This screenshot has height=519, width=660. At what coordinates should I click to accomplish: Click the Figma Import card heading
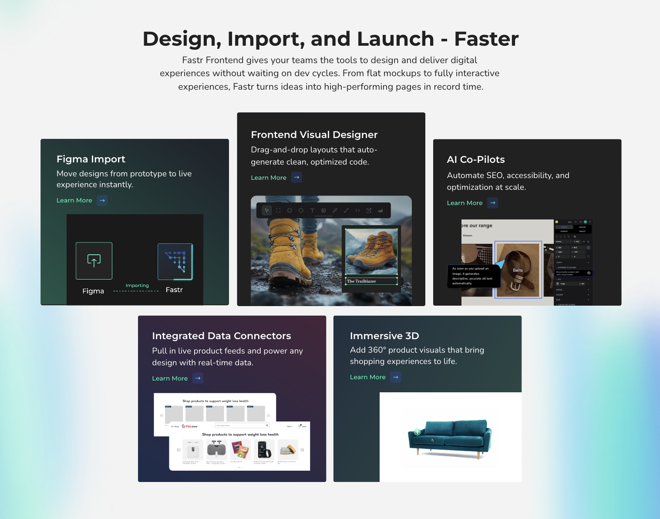pyautogui.click(x=91, y=159)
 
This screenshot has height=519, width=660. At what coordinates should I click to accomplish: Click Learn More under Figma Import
pyautogui.click(x=74, y=200)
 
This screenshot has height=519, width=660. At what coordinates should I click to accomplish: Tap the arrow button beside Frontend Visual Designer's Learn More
pyautogui.click(x=296, y=177)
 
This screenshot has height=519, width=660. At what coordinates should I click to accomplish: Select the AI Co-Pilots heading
pyautogui.click(x=475, y=159)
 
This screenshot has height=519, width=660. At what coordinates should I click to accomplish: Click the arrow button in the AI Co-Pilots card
pyautogui.click(x=492, y=203)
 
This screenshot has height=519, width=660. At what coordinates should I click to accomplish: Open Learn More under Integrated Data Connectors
pyautogui.click(x=170, y=378)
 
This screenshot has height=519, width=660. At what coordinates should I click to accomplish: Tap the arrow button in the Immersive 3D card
pyautogui.click(x=395, y=377)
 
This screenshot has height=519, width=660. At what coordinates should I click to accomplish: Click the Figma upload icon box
pyautogui.click(x=94, y=261)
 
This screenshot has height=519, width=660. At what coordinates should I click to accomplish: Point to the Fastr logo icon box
pyautogui.click(x=175, y=261)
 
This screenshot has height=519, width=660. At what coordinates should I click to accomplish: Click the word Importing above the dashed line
pyautogui.click(x=137, y=286)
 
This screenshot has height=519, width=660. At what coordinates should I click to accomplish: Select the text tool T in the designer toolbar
pyautogui.click(x=312, y=210)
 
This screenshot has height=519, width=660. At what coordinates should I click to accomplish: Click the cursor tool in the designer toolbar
pyautogui.click(x=267, y=210)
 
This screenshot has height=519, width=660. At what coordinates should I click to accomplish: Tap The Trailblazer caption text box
pyautogui.click(x=371, y=281)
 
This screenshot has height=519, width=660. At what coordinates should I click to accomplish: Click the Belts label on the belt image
pyautogui.click(x=518, y=270)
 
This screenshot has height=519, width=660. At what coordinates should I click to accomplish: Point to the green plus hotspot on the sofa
pyautogui.click(x=417, y=432)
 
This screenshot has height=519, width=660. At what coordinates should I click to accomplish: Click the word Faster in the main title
pyautogui.click(x=486, y=39)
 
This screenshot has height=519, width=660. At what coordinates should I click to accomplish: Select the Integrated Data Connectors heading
pyautogui.click(x=221, y=336)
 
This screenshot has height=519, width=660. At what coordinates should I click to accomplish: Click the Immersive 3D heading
pyautogui.click(x=384, y=336)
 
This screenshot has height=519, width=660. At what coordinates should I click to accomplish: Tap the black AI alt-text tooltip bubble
pyautogui.click(x=473, y=276)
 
